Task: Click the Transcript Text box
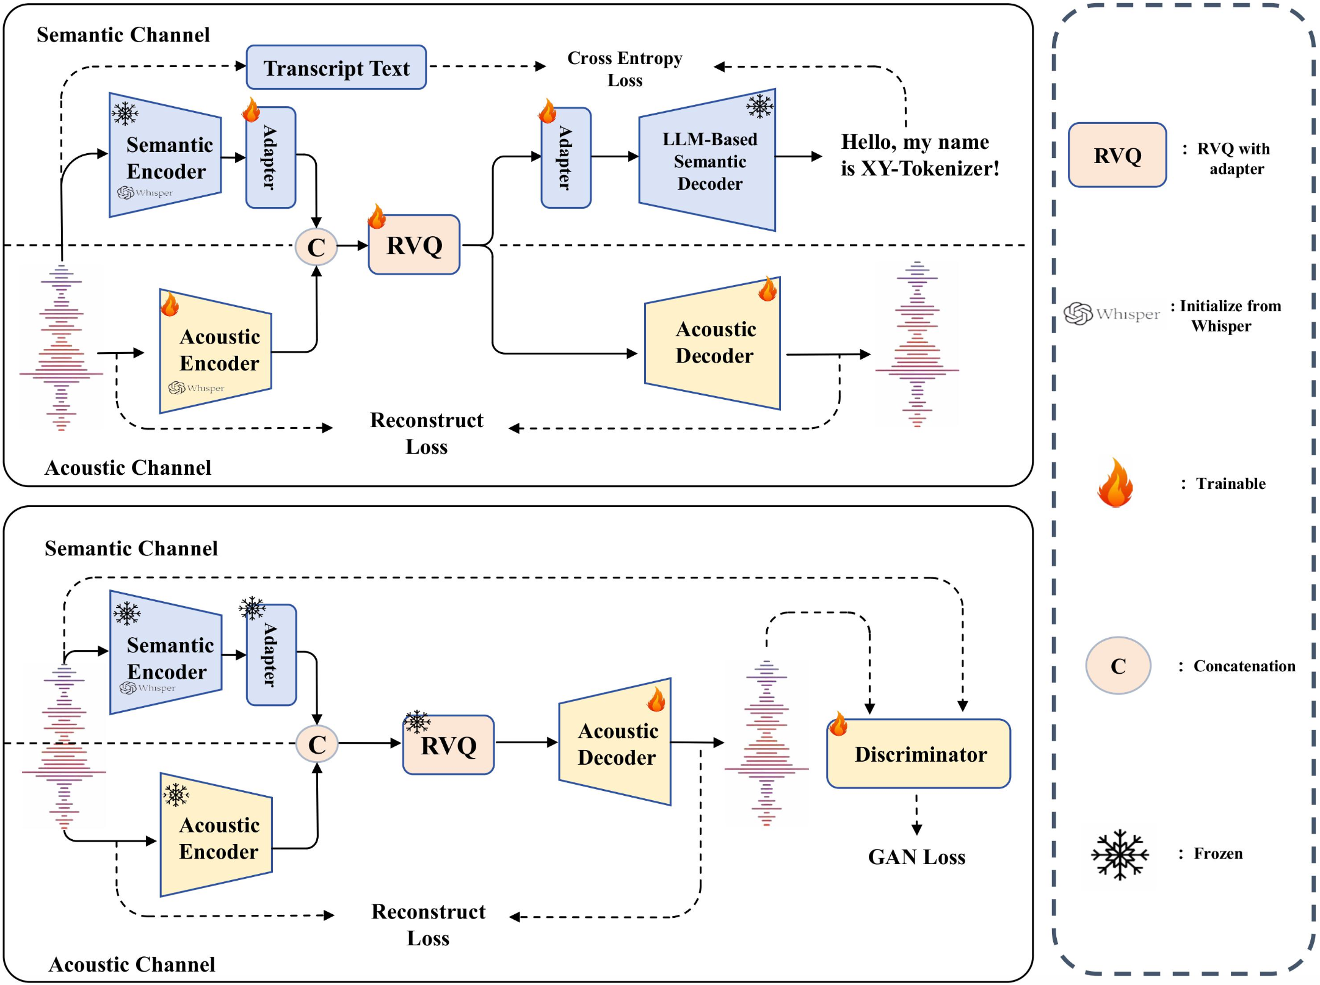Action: [x=336, y=68]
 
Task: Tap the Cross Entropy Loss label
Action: [x=625, y=68]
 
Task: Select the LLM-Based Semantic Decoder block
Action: [x=708, y=161]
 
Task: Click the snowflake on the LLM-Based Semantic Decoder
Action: [x=760, y=106]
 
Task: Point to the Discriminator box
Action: [x=919, y=754]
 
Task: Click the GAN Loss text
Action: [x=916, y=857]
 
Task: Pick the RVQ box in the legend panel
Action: [x=1117, y=156]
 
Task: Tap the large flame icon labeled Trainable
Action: [x=1115, y=483]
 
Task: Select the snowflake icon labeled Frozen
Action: [x=1119, y=854]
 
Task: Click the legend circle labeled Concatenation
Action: [x=1118, y=666]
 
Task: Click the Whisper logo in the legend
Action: [x=1111, y=314]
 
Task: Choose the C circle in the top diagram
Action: [x=316, y=247]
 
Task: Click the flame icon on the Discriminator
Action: [x=838, y=724]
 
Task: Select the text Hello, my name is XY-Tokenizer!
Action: [x=919, y=155]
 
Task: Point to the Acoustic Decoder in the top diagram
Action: [x=714, y=343]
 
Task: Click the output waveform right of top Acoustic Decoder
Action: [x=916, y=345]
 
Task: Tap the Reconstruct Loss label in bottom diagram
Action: [x=428, y=924]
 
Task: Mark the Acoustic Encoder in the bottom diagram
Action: [x=218, y=837]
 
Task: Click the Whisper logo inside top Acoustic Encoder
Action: [x=195, y=388]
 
